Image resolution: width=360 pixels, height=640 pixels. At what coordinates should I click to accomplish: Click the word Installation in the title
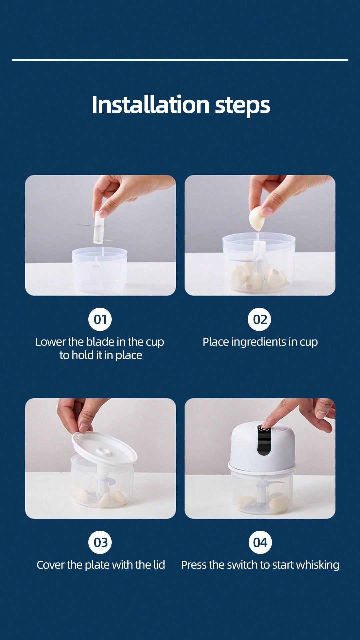tap(150, 105)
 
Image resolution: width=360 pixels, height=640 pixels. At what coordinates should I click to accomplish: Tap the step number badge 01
tap(100, 319)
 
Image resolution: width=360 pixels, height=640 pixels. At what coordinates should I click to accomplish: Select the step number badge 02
tap(260, 319)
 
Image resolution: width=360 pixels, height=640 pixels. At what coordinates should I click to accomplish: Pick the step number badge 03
tap(100, 542)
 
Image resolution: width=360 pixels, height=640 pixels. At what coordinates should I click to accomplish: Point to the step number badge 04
tap(260, 542)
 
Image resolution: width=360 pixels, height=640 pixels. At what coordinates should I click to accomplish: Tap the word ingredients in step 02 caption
tap(259, 342)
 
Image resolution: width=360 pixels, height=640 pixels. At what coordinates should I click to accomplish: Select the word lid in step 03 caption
tap(159, 565)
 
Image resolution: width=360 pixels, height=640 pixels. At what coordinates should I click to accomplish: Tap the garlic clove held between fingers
tap(257, 218)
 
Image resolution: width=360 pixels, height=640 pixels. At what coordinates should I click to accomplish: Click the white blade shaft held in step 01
tap(99, 227)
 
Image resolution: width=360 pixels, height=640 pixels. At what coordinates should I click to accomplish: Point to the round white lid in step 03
tap(104, 448)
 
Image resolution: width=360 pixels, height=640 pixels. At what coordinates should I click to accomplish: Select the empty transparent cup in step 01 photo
tap(100, 270)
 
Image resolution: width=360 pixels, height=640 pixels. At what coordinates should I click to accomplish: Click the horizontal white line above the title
tap(180, 60)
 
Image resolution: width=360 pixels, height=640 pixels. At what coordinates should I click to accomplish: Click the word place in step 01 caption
tap(129, 356)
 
